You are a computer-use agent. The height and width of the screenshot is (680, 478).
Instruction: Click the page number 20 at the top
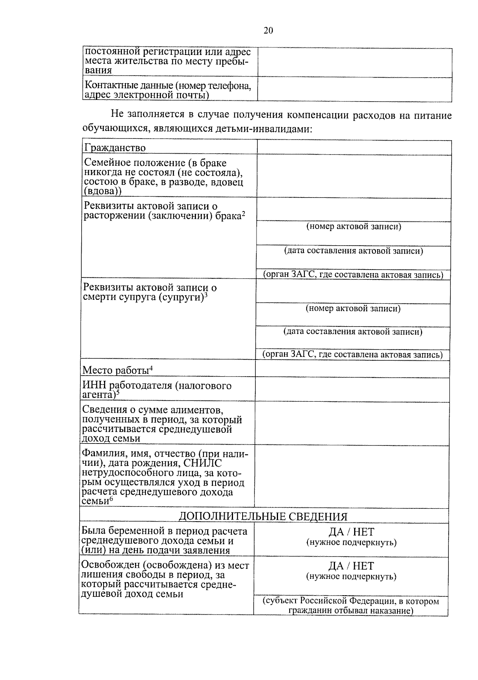268,31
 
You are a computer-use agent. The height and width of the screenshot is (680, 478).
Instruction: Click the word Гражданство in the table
115,148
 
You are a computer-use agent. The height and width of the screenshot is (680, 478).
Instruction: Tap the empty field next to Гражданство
354,147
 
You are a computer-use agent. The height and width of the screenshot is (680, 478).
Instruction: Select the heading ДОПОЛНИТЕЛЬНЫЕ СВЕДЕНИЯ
263,516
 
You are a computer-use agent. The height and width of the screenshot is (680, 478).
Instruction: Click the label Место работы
116,370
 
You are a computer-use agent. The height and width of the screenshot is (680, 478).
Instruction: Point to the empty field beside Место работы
352,369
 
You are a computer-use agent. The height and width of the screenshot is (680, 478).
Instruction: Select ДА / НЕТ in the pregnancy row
351,532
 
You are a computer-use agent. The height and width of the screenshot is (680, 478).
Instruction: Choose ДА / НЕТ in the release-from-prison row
351,566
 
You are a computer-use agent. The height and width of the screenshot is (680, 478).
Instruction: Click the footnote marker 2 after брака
243,214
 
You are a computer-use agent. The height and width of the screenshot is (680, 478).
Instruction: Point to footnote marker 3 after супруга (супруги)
206,295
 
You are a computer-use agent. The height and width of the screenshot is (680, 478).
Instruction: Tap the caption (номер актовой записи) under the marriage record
354,227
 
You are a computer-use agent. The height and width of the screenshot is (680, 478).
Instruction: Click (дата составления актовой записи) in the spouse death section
353,332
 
